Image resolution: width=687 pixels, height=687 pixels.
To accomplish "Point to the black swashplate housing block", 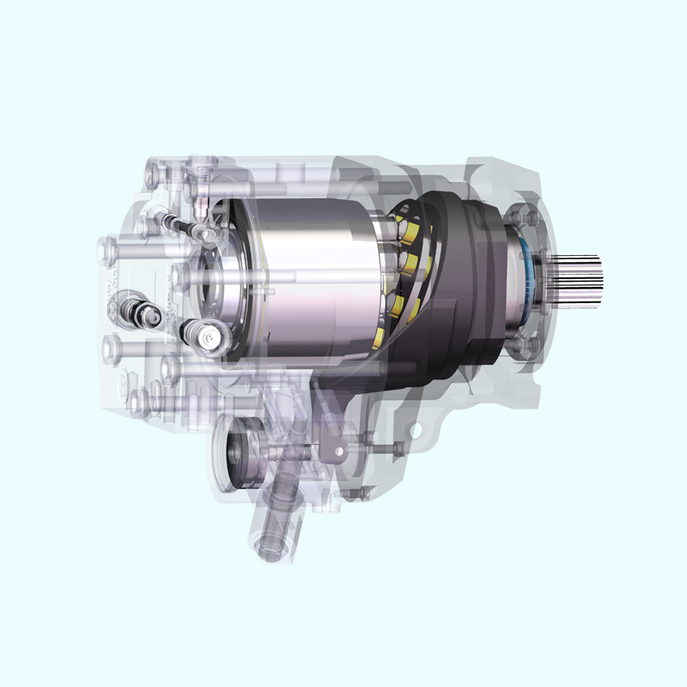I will (455, 283).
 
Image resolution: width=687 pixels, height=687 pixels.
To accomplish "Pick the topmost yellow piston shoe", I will (410, 226).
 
